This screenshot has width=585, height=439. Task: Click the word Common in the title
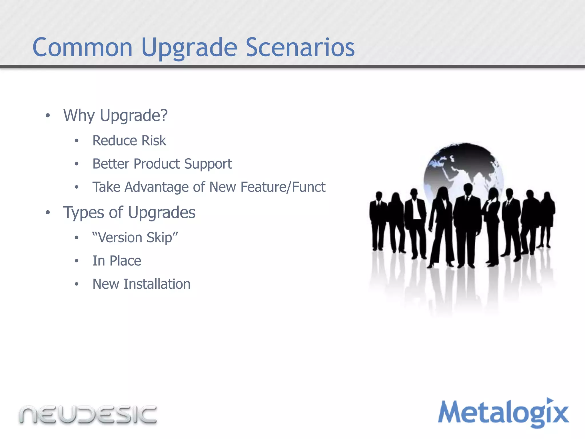pyautogui.click(x=83, y=47)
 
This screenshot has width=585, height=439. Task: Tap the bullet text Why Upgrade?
pyautogui.click(x=115, y=116)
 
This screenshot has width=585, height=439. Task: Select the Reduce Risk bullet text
pyautogui.click(x=129, y=141)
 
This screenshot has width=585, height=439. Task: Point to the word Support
pyautogui.click(x=208, y=164)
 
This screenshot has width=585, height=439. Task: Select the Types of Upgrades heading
pyautogui.click(x=129, y=213)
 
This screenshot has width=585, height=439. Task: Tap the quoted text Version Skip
pyautogui.click(x=135, y=238)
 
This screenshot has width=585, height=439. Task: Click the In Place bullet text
pyautogui.click(x=117, y=261)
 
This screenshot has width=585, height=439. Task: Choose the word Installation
pyautogui.click(x=157, y=284)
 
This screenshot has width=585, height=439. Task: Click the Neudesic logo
pyautogui.click(x=88, y=414)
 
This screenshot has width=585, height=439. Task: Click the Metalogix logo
pyautogui.click(x=503, y=413)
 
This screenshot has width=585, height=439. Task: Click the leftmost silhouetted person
pyautogui.click(x=378, y=220)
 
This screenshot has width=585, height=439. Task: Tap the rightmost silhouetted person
pyautogui.click(x=547, y=217)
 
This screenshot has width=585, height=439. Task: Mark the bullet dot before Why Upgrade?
pyautogui.click(x=48, y=116)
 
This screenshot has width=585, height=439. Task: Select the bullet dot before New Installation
pyautogui.click(x=77, y=284)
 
